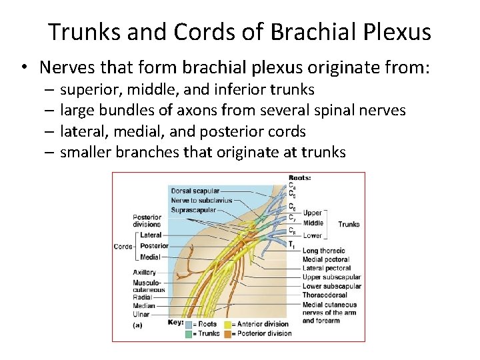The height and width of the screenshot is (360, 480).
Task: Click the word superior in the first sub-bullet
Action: coord(89,89)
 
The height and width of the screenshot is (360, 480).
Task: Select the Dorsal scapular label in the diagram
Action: coord(195,191)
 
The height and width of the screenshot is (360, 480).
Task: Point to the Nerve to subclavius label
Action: coord(201,200)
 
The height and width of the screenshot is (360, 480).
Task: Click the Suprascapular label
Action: coord(193,209)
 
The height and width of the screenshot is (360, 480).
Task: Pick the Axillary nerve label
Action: coord(144,272)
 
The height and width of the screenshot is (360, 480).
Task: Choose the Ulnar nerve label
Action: coord(141,315)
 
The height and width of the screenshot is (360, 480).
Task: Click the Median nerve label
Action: coord(143,307)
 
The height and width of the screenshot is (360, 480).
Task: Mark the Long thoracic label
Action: coord(323,251)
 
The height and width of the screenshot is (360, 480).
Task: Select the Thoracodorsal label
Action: coord(325,295)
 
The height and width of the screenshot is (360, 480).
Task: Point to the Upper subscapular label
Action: coord(331,277)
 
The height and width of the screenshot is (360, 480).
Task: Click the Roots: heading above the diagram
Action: coord(300,178)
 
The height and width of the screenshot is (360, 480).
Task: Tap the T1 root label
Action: coord(291,245)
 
